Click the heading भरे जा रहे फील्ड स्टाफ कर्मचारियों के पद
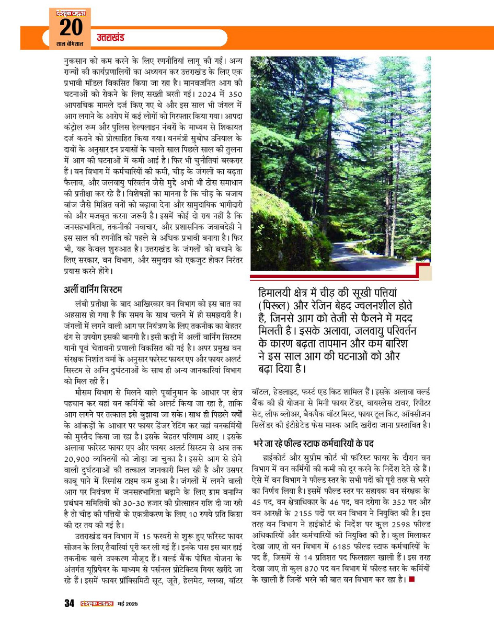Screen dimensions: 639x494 click(x=314, y=444)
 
